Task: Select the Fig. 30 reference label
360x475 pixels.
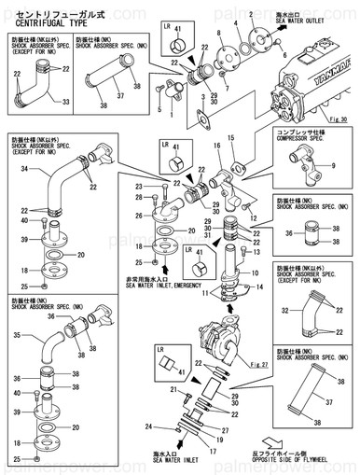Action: pos(338,120)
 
